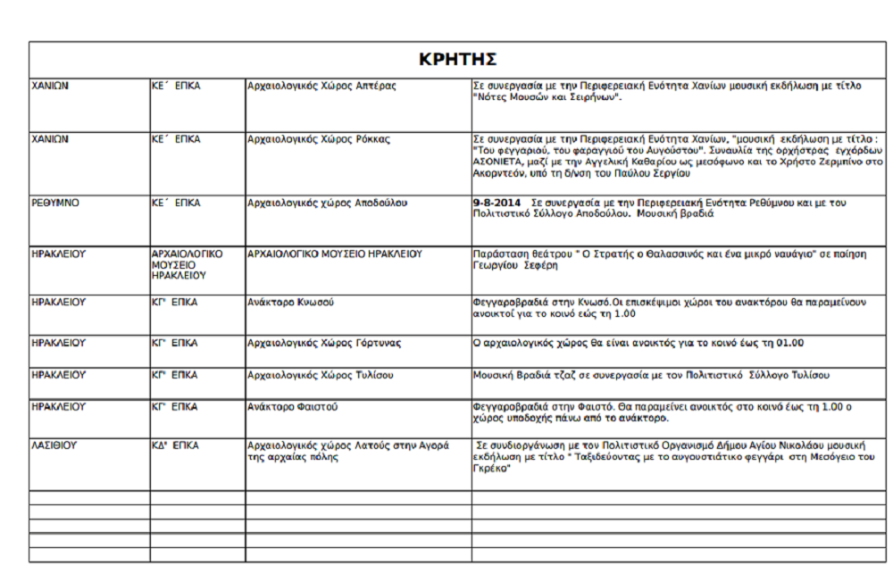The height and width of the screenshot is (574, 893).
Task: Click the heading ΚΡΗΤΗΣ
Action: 457,60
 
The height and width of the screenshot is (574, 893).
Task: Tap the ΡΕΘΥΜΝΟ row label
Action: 55,203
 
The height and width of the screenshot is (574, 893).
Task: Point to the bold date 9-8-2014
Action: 497,203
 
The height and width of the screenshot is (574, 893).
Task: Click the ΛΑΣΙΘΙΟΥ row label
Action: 54,445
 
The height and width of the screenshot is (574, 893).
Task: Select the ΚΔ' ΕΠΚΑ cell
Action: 176,445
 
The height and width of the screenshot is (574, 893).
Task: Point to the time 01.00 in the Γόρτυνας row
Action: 791,343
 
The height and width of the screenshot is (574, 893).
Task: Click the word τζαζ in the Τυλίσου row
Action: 563,375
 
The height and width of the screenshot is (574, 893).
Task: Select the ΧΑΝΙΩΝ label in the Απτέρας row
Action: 51,86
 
